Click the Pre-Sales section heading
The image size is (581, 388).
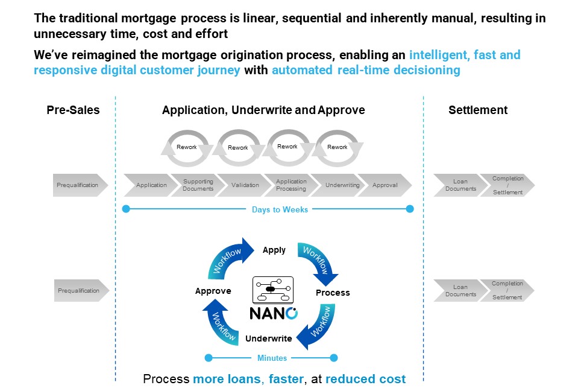[x=73, y=110]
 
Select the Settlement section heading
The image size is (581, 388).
[x=478, y=110]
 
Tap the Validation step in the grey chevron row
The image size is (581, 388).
[x=245, y=185]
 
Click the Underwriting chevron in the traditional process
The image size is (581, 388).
[x=342, y=185]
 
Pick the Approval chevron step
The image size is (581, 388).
[x=385, y=185]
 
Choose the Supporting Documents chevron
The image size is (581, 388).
[x=198, y=185]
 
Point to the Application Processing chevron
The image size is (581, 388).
[x=291, y=185]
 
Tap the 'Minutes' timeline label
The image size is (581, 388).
[x=272, y=358]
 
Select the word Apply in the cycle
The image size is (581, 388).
[x=274, y=250]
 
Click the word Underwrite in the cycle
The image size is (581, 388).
[x=269, y=339]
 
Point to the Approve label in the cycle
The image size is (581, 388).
[x=213, y=291]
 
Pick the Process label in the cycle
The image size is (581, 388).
[x=333, y=293]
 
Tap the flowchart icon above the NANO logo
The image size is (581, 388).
[x=273, y=289]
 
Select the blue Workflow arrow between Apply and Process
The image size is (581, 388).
[x=319, y=261]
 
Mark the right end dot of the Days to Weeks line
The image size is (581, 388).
[x=410, y=209]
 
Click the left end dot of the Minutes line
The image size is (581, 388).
[x=209, y=358]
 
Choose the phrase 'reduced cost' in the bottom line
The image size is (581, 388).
[x=366, y=379]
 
